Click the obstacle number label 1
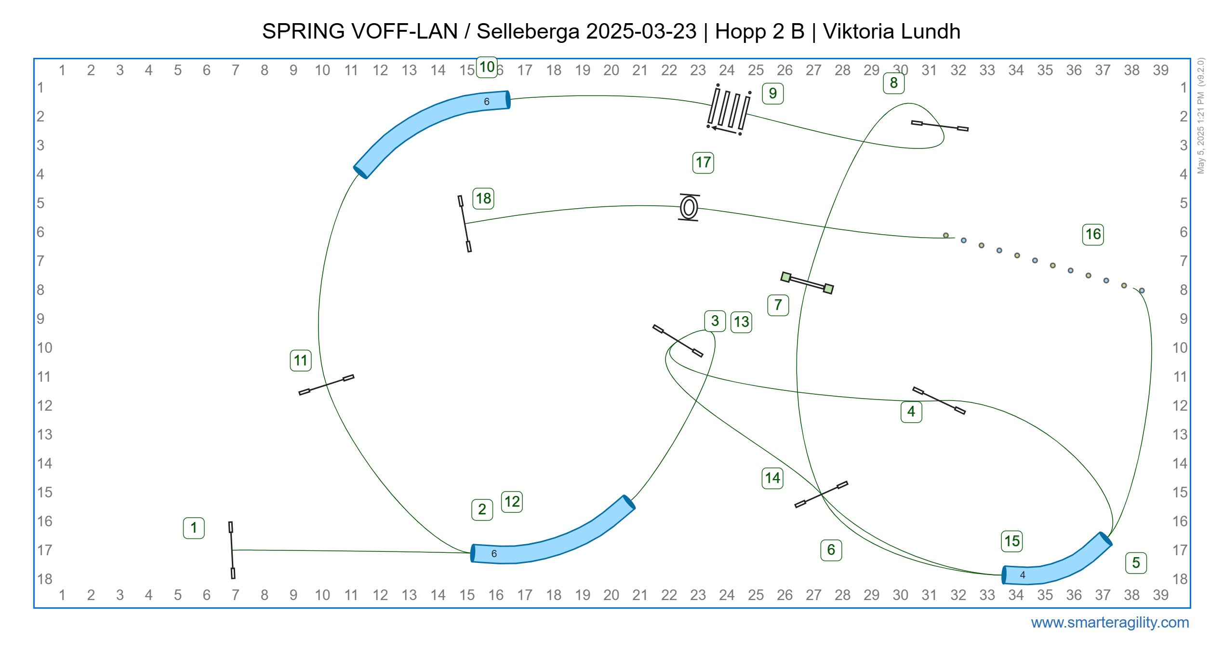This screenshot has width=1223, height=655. tap(194, 528)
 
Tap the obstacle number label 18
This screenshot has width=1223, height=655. tap(483, 199)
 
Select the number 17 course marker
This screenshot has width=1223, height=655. tap(703, 162)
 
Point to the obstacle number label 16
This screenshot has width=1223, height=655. tap(1093, 235)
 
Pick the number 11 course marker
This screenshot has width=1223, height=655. tap(301, 361)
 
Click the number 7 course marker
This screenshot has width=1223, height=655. tap(778, 305)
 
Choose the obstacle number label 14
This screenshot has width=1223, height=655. tap(772, 478)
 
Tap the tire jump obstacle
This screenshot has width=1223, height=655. tap(689, 208)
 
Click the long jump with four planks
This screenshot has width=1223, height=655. tap(729, 109)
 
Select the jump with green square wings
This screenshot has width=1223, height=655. tap(807, 283)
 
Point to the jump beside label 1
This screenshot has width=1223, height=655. tap(232, 550)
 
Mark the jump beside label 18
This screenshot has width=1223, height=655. tap(465, 224)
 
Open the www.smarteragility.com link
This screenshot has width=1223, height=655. tap(1109, 622)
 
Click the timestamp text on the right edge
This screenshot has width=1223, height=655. tap(1201, 116)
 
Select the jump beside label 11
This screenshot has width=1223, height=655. tap(326, 385)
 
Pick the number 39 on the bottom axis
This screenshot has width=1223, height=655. tap(1160, 595)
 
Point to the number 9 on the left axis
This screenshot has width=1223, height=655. tap(41, 319)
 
